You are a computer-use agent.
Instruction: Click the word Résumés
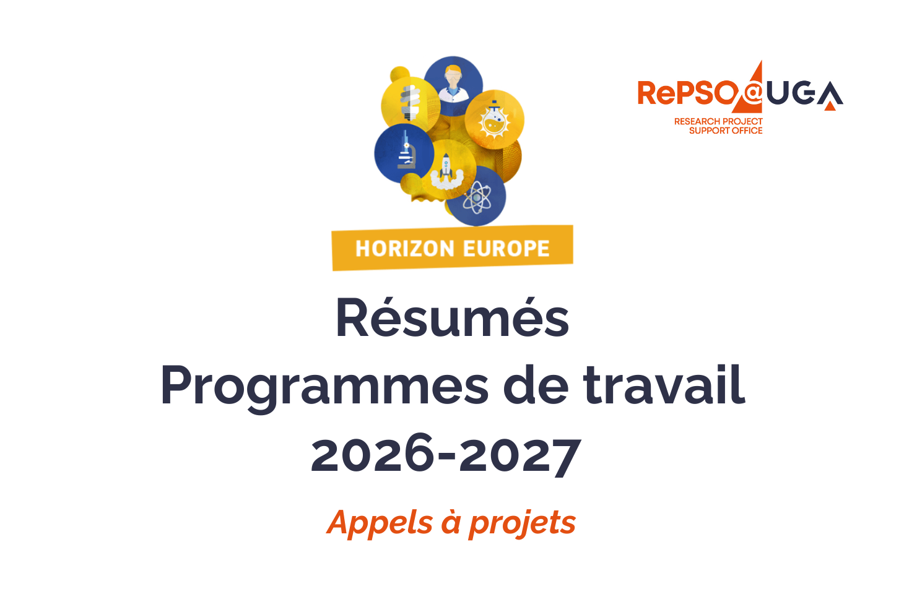point(452,318)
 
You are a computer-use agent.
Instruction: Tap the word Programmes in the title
point(324,386)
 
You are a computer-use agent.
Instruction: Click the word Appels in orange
point(380,523)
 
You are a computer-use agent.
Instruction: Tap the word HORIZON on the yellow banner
point(405,249)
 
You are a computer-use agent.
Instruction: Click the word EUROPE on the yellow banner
point(506,249)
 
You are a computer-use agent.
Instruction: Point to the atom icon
point(477,197)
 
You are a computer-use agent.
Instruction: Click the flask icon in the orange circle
point(494,119)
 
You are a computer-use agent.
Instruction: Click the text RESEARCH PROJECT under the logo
point(718,121)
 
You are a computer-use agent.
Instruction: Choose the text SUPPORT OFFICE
point(726,131)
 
